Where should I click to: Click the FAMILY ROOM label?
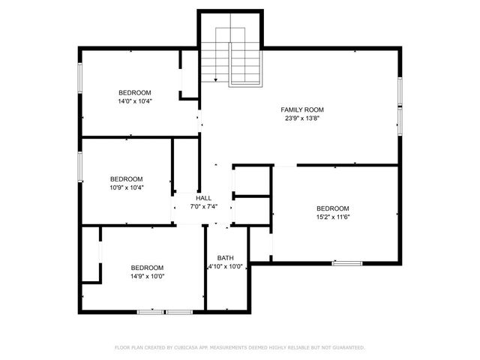(x=302, y=109)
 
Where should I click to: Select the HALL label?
(x=203, y=198)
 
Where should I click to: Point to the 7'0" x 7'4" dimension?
(x=203, y=206)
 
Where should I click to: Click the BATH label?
(x=225, y=258)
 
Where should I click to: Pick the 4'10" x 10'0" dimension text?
(x=225, y=266)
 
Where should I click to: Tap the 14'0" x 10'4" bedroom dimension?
(x=134, y=101)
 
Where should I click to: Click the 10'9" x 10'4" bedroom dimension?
(x=126, y=187)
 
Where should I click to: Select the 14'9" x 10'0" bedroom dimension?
(x=147, y=276)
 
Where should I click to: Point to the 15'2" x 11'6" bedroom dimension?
(x=332, y=217)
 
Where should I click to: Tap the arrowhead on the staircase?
(x=216, y=79)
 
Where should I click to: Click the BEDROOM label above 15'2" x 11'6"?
(x=332, y=208)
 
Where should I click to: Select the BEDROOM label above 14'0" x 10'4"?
(x=134, y=93)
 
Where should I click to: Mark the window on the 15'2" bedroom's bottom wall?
(x=346, y=262)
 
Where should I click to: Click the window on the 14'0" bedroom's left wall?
(x=80, y=78)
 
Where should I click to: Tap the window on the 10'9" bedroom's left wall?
(x=80, y=166)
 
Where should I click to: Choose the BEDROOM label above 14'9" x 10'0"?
(x=147, y=268)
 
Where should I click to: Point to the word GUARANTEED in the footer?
(x=347, y=347)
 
